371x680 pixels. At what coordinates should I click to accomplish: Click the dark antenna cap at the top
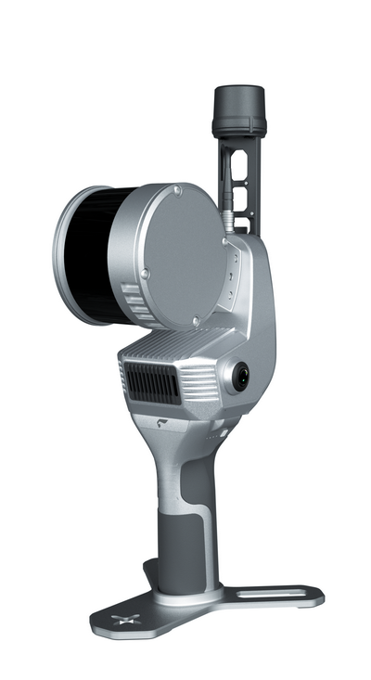point(239,109)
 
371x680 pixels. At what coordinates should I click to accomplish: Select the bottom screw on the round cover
point(195,322)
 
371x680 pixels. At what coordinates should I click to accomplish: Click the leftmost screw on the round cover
point(145,272)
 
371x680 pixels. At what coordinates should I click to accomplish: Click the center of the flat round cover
point(185,255)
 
